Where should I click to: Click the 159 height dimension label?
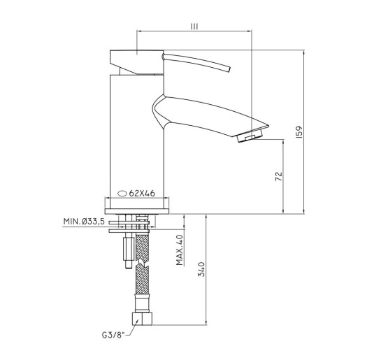[299, 132]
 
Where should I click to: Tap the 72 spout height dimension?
[279, 176]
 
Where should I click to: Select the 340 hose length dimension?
[201, 269]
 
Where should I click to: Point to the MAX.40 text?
[180, 250]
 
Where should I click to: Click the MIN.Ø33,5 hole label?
[84, 222]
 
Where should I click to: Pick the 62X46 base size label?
[142, 193]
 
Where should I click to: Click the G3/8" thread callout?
[113, 336]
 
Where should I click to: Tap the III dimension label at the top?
[194, 27]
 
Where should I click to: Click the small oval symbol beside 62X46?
[122, 194]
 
